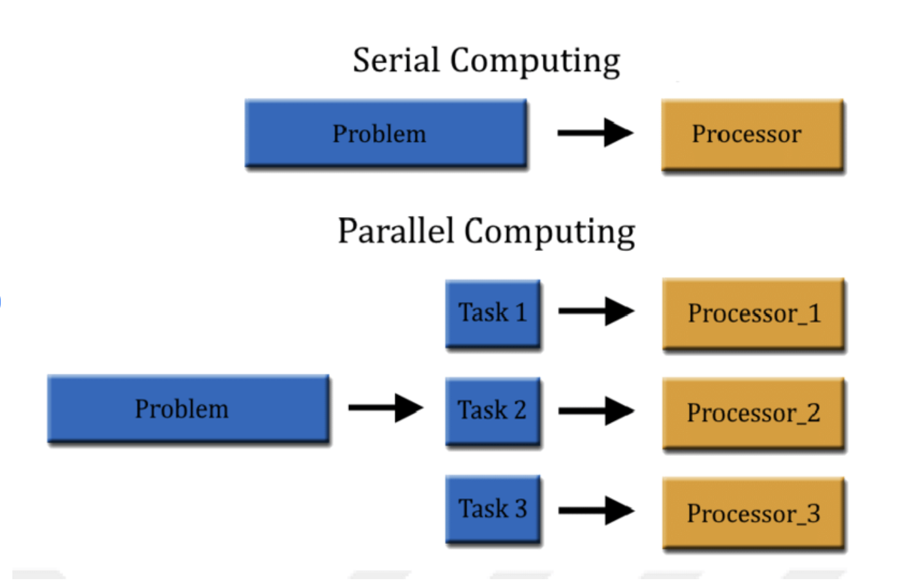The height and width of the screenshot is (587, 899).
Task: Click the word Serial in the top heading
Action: [396, 61]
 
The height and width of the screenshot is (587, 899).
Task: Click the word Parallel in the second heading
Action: [395, 231]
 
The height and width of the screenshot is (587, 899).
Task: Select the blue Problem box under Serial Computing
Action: [386, 133]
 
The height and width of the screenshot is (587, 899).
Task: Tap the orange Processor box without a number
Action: [752, 134]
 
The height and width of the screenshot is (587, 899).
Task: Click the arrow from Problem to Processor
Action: [594, 132]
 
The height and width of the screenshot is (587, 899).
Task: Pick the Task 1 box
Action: [493, 313]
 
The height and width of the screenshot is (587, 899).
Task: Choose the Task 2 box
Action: [493, 411]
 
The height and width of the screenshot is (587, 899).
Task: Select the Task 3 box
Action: [493, 509]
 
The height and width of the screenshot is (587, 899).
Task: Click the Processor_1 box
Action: [754, 314]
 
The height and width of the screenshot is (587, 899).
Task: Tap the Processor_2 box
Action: [754, 413]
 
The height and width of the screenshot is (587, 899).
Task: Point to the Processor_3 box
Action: [754, 513]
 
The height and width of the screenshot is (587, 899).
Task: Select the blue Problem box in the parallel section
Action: [188, 409]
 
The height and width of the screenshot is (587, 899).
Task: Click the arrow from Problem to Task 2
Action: [385, 408]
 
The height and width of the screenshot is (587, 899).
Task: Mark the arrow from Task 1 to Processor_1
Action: [596, 311]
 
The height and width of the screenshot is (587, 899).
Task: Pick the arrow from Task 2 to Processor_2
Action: [596, 411]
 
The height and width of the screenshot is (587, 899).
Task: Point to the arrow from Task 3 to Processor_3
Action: [596, 510]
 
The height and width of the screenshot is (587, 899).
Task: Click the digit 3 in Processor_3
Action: [813, 513]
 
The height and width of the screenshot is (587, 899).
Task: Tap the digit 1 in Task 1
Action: [521, 312]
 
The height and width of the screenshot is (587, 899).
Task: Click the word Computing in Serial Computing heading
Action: [535, 62]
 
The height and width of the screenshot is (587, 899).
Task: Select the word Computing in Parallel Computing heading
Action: [549, 232]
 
